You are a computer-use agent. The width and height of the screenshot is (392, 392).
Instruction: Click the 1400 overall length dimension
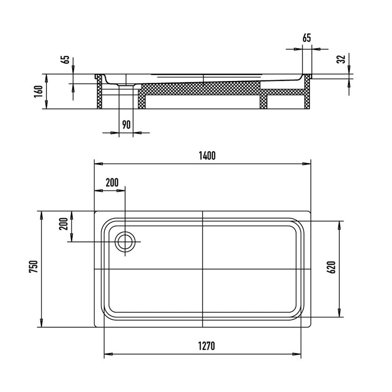207,156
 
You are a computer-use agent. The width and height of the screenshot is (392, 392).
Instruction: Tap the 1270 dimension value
207,346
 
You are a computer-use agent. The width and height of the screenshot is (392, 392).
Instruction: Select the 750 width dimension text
33,267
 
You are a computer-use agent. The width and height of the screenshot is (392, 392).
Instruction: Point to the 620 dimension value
331,267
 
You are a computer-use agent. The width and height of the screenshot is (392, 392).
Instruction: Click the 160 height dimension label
39,92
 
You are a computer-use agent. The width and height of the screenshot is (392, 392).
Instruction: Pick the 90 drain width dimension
126,125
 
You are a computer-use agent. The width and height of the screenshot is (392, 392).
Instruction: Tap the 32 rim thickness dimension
341,59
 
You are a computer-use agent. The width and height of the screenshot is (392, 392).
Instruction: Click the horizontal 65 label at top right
307,38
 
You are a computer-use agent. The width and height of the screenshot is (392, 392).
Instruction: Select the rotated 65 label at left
65,59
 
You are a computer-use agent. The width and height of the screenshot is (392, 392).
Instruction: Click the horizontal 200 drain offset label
112,183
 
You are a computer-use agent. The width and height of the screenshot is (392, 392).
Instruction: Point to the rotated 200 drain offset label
64,224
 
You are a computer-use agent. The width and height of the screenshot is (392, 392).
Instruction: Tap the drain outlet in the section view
126,85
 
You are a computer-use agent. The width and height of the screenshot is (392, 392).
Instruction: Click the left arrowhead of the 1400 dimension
98,164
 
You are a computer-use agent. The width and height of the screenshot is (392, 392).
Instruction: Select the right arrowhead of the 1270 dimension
297,354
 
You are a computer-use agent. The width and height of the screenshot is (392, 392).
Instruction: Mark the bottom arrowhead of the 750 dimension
42,323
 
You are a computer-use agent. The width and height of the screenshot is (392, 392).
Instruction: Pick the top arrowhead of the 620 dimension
339,225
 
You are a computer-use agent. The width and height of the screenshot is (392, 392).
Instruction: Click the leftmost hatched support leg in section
100,91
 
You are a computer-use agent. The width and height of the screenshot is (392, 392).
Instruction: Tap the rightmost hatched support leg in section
307,91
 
